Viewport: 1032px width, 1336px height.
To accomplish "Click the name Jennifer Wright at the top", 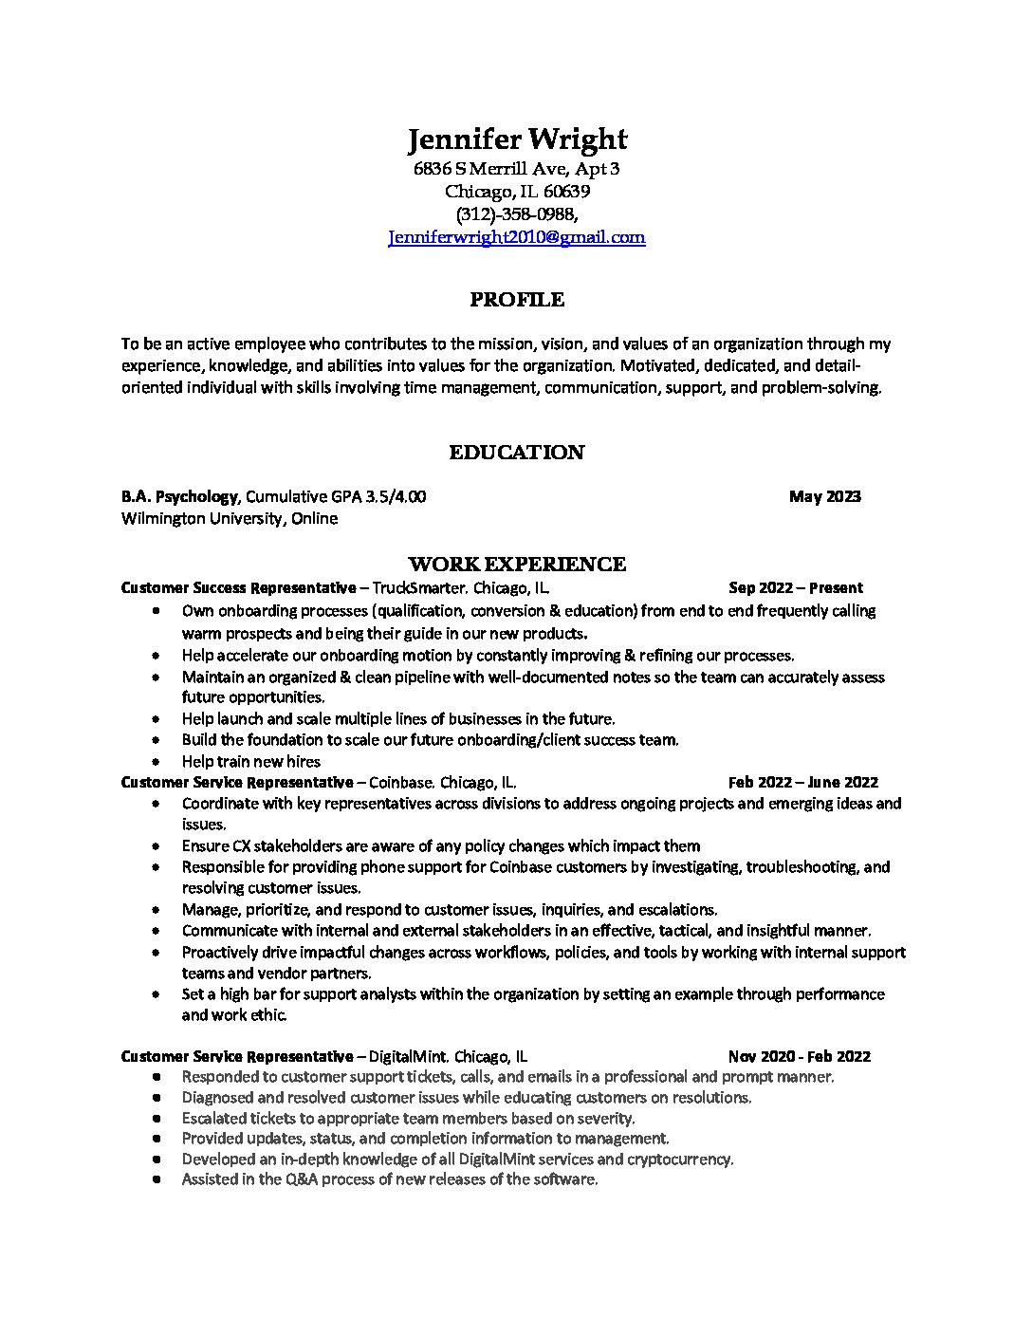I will coord(517,140).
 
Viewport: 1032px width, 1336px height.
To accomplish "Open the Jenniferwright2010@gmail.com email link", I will coord(517,238).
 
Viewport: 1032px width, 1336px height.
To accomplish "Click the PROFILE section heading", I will coord(517,301).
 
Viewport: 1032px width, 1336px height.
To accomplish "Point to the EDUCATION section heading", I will coord(517,453).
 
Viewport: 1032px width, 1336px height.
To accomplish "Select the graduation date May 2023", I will coord(824,496).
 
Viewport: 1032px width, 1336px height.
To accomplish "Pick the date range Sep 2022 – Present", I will coord(795,588).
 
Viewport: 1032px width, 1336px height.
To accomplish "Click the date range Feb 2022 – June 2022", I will coord(802,783).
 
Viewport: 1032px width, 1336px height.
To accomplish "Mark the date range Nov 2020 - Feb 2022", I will coord(799,1056).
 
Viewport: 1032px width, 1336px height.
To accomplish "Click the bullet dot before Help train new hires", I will coord(156,762).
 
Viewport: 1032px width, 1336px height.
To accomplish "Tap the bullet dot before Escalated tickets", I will coord(156,1119).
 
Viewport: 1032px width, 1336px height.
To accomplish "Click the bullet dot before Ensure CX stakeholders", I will coord(156,846).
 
